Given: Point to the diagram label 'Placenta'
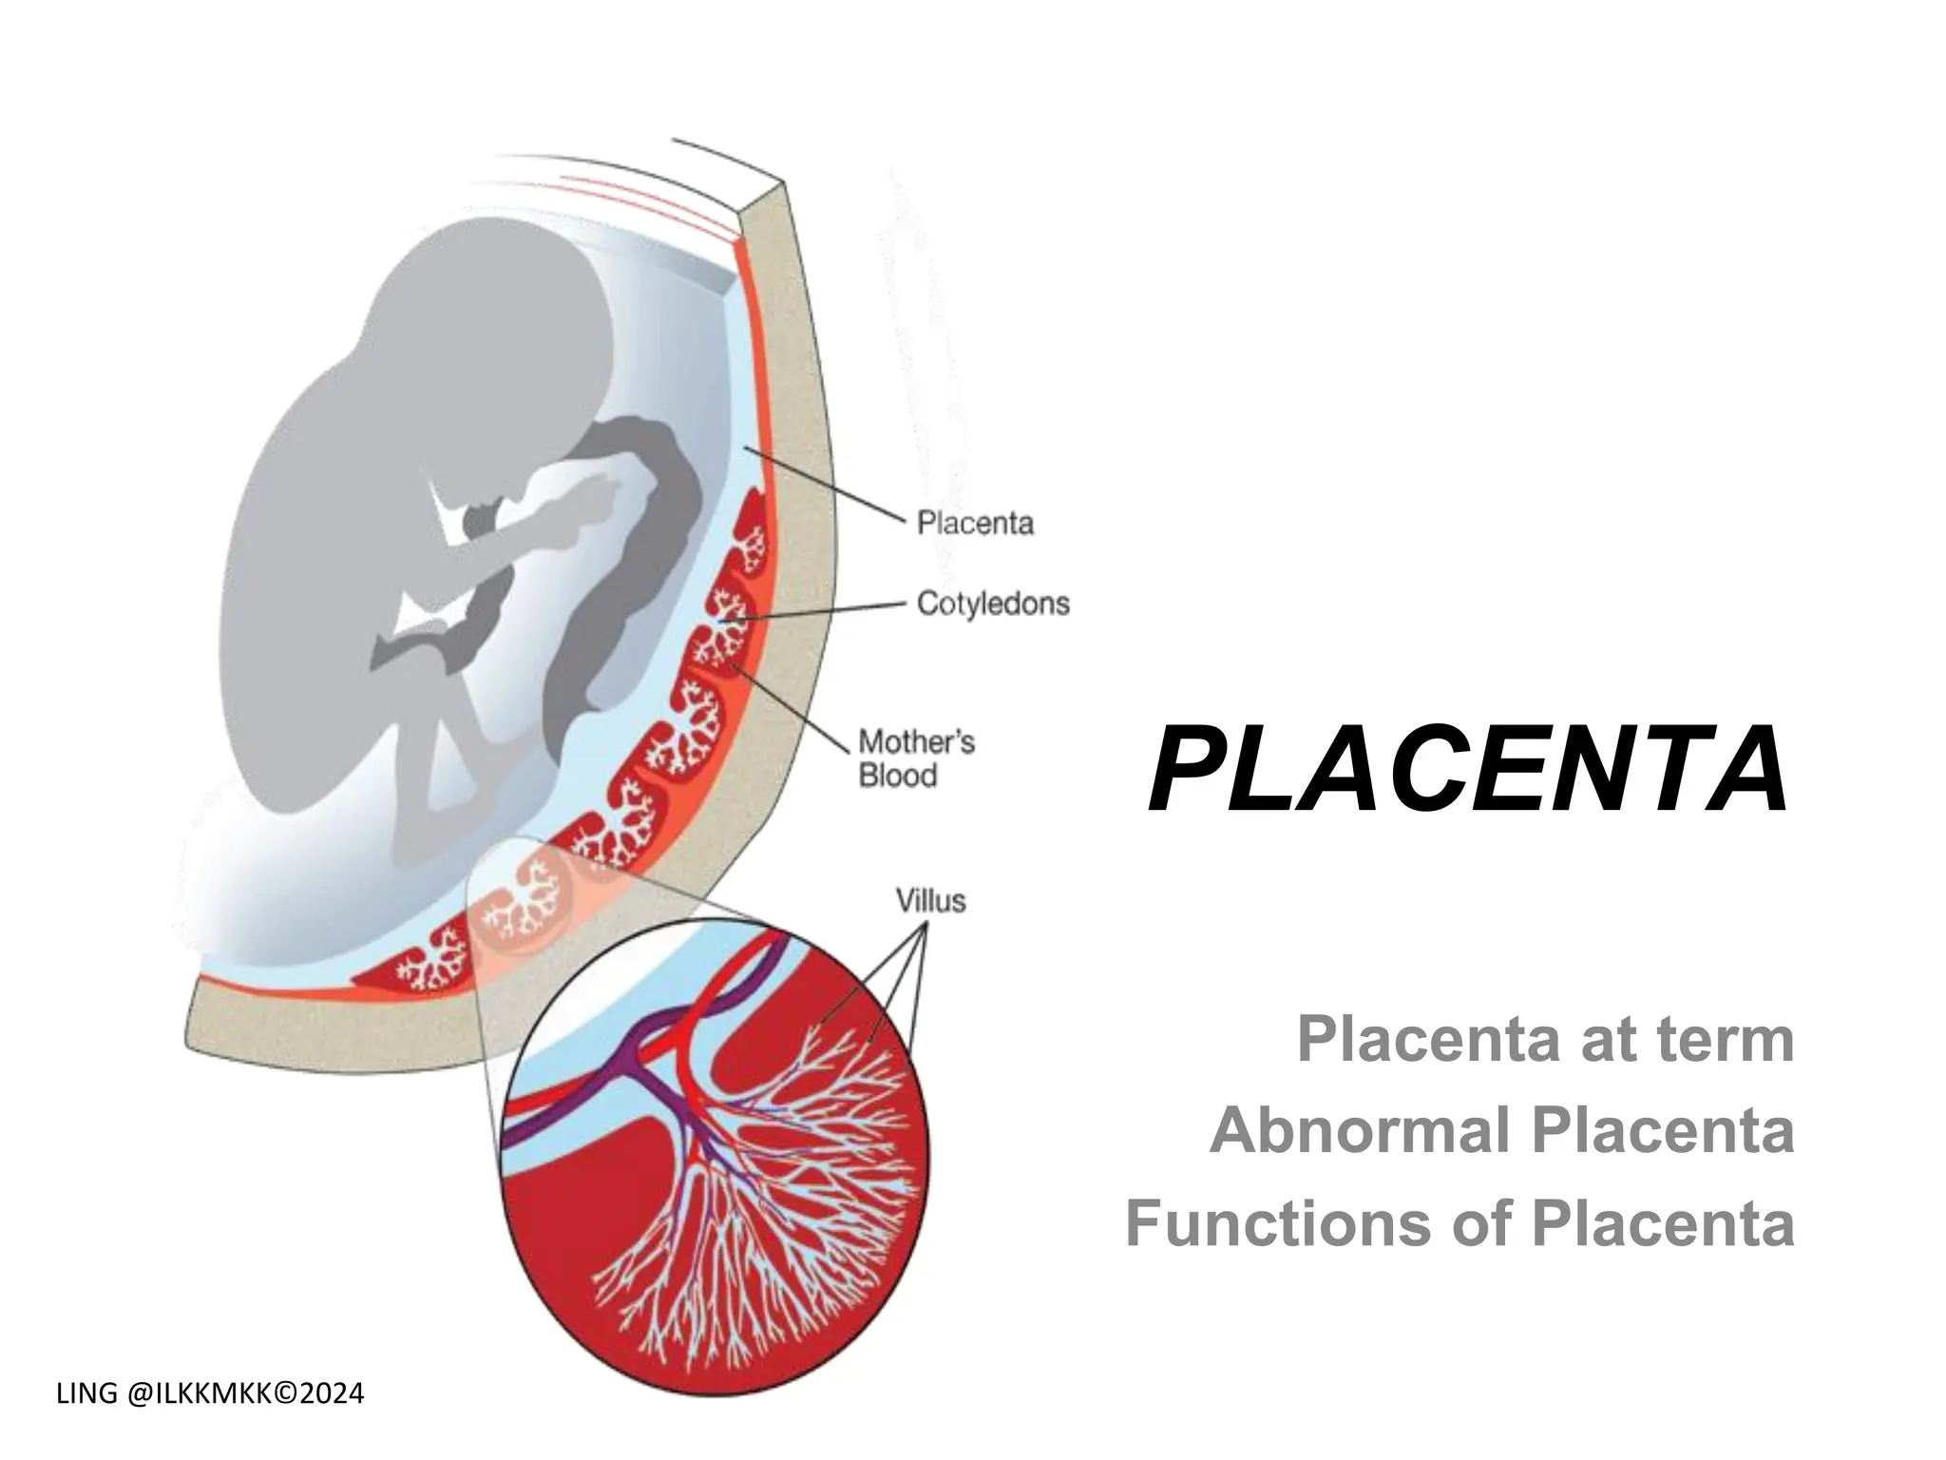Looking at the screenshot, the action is click(x=975, y=524).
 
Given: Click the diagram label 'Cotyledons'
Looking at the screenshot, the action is click(x=993, y=604).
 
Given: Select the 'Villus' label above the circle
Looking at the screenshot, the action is click(x=930, y=900).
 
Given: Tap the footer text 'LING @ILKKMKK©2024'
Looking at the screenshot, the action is click(x=210, y=1394).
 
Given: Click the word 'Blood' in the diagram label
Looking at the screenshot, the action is click(x=898, y=776).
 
